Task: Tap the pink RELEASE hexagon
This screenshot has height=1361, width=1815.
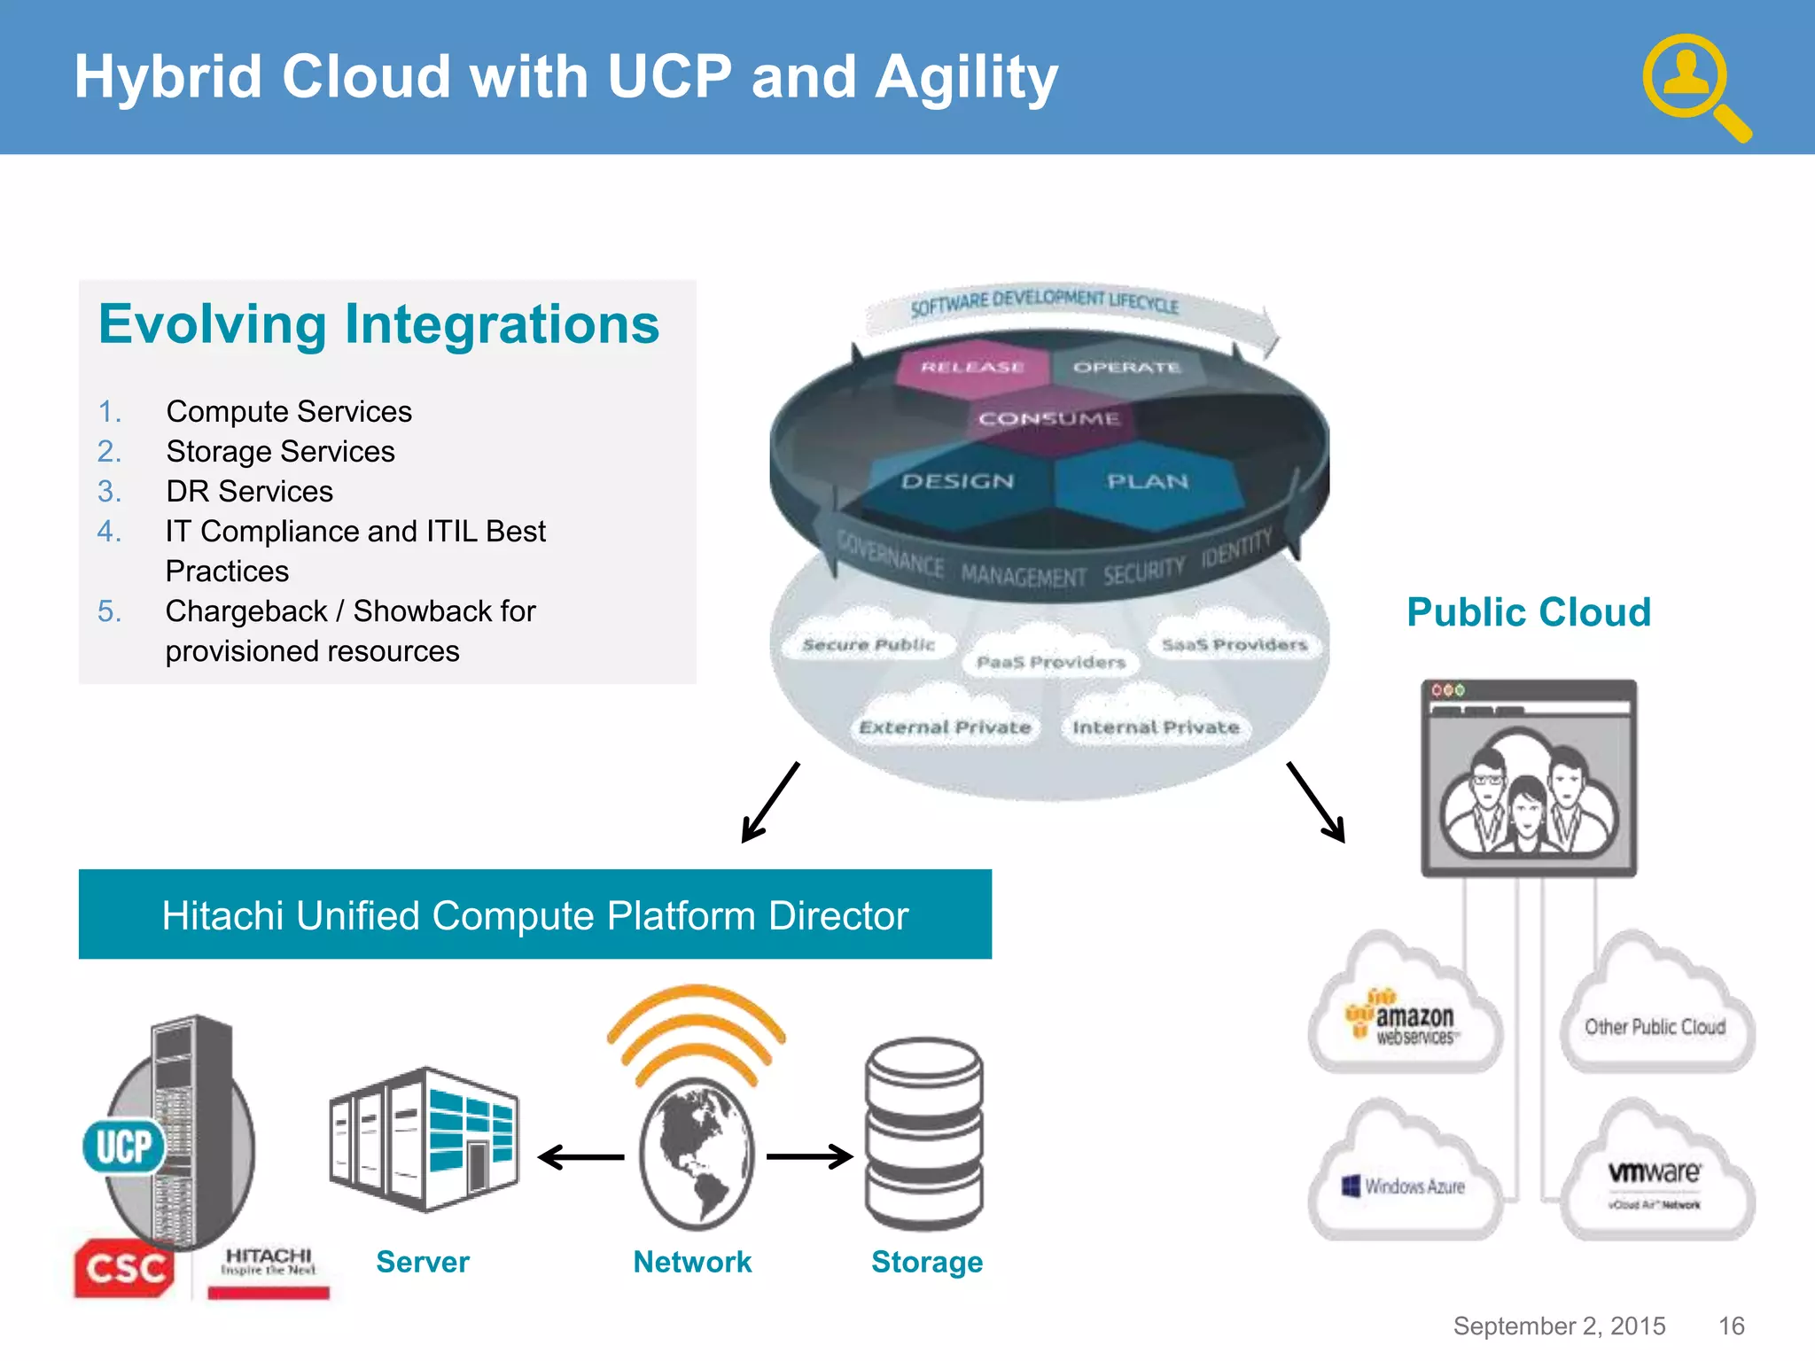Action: click(972, 367)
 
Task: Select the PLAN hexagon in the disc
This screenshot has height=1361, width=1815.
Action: click(1147, 481)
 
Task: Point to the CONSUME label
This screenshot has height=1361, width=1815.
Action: click(1048, 418)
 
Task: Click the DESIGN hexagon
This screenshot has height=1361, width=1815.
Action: click(957, 481)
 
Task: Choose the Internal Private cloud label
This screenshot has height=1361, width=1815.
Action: click(1155, 727)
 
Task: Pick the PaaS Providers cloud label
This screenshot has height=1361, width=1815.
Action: click(1050, 662)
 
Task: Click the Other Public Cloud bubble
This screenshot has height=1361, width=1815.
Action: click(1655, 1026)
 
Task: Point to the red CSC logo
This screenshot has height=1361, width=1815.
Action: click(124, 1268)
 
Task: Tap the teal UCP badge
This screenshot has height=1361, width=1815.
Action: click(124, 1147)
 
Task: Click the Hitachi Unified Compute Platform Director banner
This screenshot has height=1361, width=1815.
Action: click(534, 914)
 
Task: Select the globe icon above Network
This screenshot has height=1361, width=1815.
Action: click(697, 1152)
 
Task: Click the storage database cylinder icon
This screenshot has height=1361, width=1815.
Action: click(924, 1134)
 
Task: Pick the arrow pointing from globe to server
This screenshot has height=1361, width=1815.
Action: click(581, 1157)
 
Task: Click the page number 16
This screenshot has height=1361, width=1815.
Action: click(1731, 1326)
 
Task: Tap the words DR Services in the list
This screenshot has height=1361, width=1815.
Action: click(249, 491)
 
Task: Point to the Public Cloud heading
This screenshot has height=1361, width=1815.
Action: click(1529, 612)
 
